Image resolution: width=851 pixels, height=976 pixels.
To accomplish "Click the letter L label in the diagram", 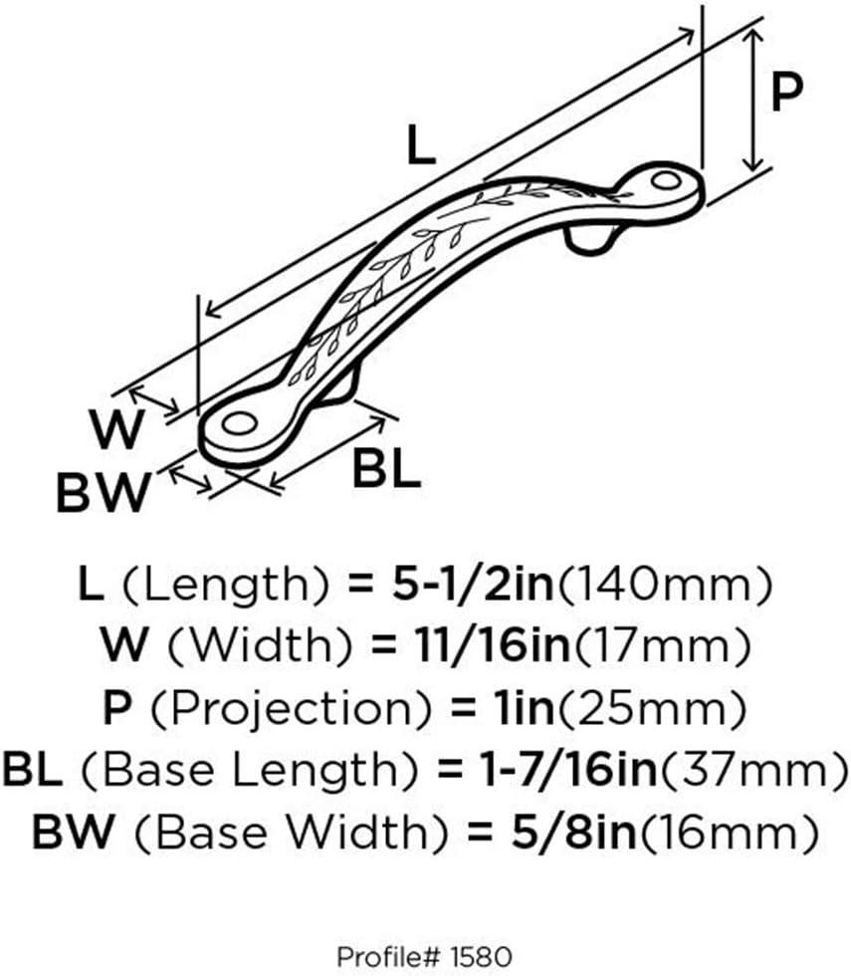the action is pos(420,145).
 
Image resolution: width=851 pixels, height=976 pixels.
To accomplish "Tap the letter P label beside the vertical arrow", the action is pos(786,91).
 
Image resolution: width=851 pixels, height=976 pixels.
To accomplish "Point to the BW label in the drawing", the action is pos(104,492).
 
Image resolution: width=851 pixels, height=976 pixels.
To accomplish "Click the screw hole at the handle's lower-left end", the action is pos(240,423).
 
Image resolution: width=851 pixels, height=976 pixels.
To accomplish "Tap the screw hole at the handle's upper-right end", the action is pos(666,181).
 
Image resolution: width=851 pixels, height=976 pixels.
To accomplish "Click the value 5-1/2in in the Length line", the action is pos(473,585).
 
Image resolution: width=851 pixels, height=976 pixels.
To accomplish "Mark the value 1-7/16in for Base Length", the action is pos(568,769).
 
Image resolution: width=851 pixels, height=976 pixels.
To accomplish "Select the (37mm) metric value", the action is pos(754,770).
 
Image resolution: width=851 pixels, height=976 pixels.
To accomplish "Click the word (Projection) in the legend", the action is pos(291,709).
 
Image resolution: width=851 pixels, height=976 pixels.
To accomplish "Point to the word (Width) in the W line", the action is pos(260,646).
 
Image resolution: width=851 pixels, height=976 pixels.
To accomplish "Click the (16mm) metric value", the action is pos(730,833).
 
